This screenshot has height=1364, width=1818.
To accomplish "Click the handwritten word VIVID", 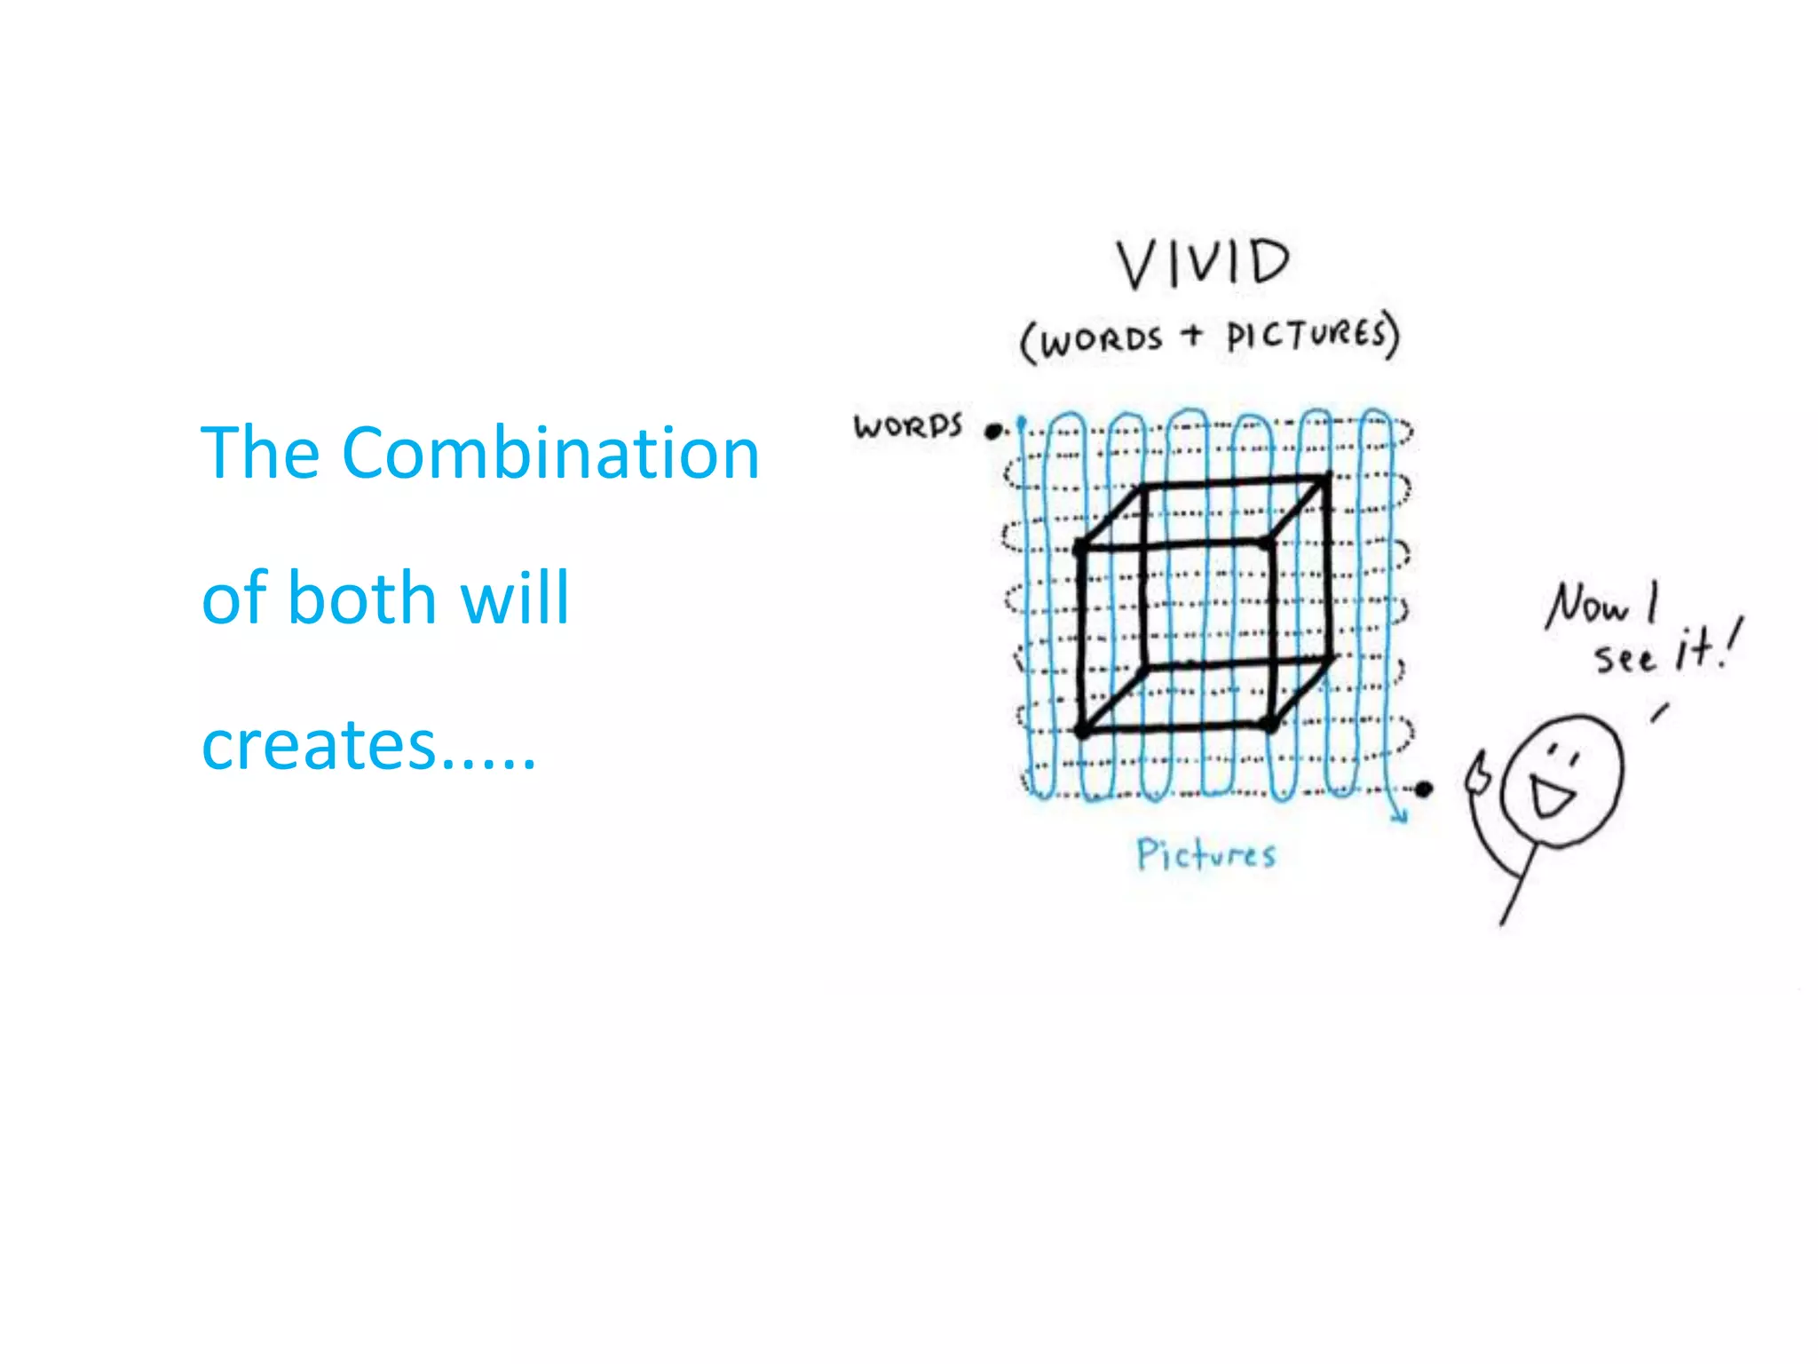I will coord(1203,263).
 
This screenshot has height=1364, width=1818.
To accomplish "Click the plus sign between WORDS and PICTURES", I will coord(1193,334).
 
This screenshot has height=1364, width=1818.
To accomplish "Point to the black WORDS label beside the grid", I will coord(907,426).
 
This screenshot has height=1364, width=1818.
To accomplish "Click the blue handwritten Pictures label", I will coord(1206,854).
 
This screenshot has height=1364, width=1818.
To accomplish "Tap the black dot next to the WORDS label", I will coord(993,432).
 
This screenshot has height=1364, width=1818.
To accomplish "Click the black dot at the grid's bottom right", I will coord(1424,789).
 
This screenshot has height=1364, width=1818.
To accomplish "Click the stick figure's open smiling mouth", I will coord(1550,793).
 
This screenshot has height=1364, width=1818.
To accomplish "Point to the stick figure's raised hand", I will coord(1478,773).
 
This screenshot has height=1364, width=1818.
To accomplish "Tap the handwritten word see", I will coord(1624,659).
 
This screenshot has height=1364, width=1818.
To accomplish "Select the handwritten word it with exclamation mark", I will coord(1706,646).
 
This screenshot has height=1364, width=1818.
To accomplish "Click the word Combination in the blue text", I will coord(550,453).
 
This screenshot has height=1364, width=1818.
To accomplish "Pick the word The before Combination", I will coord(260,453).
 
